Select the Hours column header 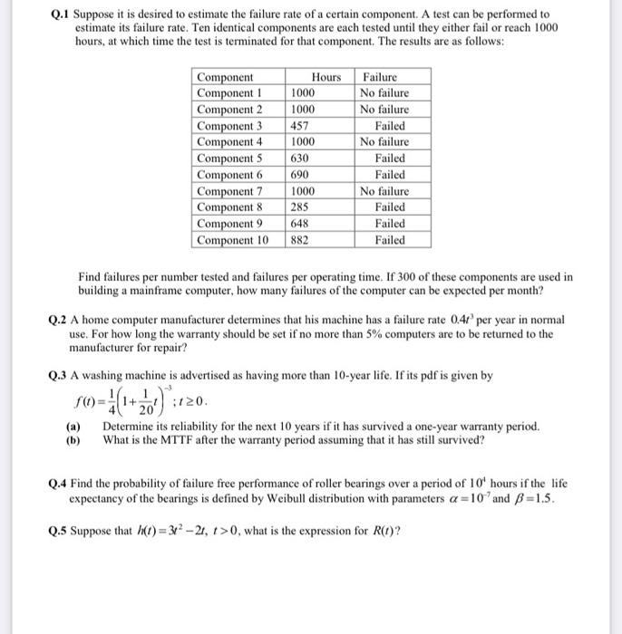click(x=326, y=77)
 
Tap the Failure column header click(x=379, y=77)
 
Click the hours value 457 click(x=300, y=126)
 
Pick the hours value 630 click(x=300, y=158)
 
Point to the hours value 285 click(x=300, y=207)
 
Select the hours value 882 click(x=300, y=240)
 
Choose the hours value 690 click(x=300, y=175)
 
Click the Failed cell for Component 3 click(x=390, y=126)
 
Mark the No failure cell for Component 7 click(x=384, y=191)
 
